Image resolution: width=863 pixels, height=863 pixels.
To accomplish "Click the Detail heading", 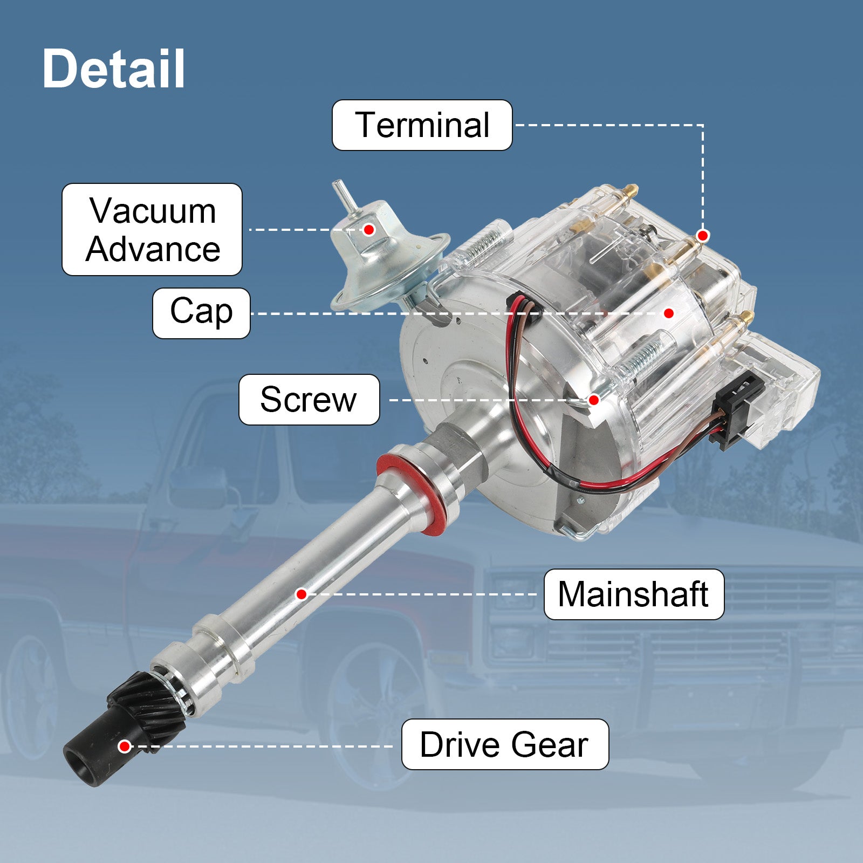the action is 114,69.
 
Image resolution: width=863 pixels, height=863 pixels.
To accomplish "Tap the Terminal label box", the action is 422,125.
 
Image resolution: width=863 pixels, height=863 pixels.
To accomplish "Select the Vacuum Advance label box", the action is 152,230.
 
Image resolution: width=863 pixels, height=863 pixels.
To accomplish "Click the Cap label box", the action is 201,313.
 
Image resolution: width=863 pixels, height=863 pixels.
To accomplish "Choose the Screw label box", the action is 309,400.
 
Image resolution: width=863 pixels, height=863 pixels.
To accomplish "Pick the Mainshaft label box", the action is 634,594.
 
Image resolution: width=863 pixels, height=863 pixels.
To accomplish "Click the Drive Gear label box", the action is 505,744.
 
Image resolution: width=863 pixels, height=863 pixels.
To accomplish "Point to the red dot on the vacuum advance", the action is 369,230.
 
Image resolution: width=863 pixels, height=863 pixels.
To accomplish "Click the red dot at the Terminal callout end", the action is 702,236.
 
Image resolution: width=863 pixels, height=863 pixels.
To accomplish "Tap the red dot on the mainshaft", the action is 302,594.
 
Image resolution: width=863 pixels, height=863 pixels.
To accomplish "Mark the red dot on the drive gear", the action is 125,746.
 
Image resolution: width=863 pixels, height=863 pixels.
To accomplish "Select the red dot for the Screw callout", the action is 593,400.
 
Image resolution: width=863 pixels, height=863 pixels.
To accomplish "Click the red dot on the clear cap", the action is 669,313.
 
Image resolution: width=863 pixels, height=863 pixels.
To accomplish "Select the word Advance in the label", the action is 153,250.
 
